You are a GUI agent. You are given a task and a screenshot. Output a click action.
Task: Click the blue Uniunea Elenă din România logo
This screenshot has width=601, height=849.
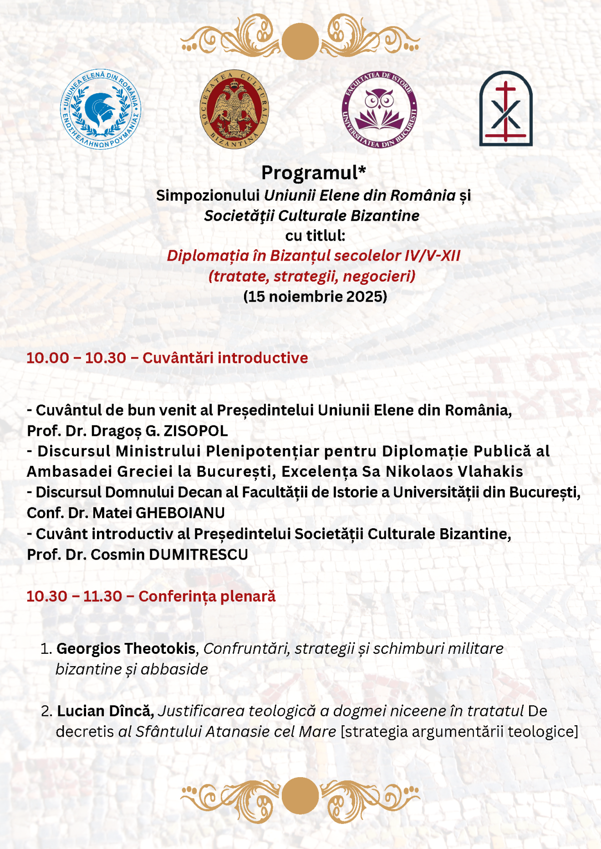101,109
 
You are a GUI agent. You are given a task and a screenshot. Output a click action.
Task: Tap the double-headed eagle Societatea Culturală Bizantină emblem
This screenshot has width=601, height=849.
234,109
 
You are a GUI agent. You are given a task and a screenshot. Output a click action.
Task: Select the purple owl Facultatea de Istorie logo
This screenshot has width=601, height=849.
379,109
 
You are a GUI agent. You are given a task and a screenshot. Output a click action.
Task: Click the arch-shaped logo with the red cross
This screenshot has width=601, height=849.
506,109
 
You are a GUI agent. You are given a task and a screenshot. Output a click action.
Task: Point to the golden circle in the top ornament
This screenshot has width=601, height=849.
300,41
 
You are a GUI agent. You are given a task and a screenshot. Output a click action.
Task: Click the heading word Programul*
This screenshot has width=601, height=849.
313,173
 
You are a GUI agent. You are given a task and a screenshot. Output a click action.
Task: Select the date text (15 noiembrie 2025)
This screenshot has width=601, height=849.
315,297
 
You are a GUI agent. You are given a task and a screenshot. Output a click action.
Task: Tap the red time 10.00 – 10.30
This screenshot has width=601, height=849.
76,358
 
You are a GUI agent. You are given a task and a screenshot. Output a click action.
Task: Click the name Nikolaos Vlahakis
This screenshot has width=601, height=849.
454,471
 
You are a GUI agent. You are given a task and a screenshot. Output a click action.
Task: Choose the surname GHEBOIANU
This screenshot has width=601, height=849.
180,513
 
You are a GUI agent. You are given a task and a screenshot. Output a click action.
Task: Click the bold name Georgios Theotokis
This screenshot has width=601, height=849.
126,648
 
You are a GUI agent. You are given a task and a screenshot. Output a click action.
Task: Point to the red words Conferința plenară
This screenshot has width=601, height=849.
207,596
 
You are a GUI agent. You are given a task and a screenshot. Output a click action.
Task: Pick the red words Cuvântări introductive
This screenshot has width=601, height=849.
225,358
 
